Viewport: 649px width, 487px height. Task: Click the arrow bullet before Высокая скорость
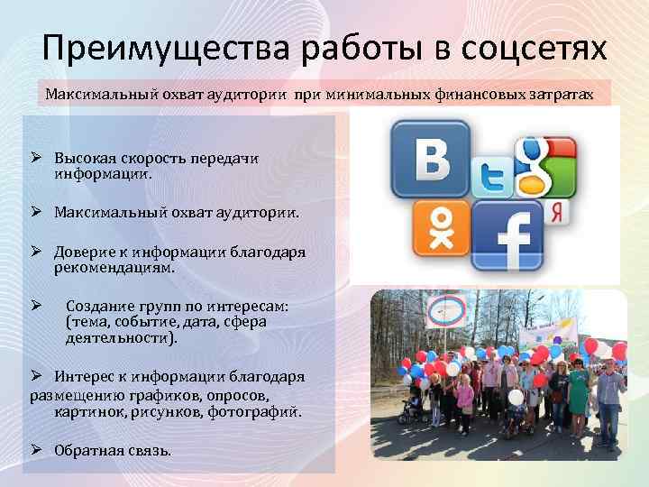click(x=38, y=158)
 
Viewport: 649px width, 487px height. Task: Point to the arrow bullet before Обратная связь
click(x=38, y=449)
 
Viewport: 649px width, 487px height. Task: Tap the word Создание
click(x=97, y=306)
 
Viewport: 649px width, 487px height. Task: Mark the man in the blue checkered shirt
click(x=608, y=388)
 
